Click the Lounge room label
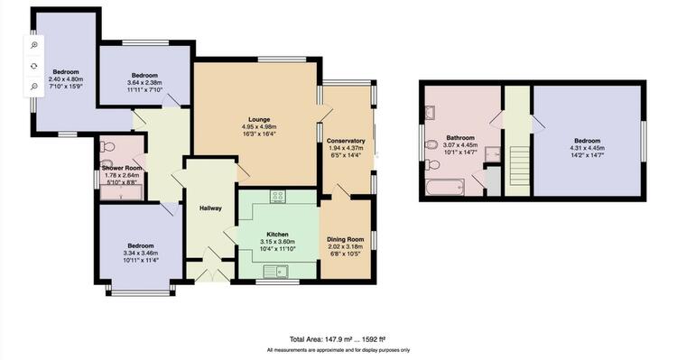[x=259, y=120]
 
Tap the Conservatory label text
[x=346, y=141]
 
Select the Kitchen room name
[x=277, y=235]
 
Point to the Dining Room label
[x=346, y=240]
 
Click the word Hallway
[x=210, y=208]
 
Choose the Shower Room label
[x=122, y=168]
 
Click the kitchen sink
[x=276, y=272]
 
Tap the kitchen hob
[x=278, y=197]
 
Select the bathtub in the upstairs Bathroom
[x=445, y=188]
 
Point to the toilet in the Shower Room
[x=107, y=147]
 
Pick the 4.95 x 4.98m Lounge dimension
[x=259, y=127]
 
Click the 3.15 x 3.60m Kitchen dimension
[x=277, y=242]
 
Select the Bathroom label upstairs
[x=460, y=138]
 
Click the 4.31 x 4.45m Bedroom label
[x=588, y=148]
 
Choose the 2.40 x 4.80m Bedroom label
[x=66, y=79]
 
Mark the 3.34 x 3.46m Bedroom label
[x=141, y=253]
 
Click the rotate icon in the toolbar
[x=34, y=66]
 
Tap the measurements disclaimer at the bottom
[x=338, y=350]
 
